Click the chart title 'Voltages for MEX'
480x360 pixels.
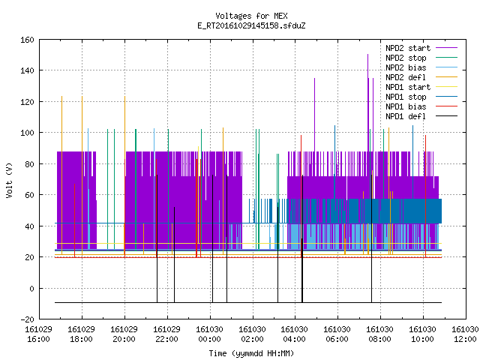(x=251, y=16)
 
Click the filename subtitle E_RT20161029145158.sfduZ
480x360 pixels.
(x=251, y=25)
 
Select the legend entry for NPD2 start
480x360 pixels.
(x=421, y=48)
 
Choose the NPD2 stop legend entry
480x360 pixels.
(x=421, y=58)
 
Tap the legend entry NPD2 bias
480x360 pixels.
(x=421, y=67)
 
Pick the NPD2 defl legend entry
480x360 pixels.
(x=421, y=77)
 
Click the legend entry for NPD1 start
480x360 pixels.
(x=421, y=87)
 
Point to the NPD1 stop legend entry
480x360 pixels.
(x=421, y=97)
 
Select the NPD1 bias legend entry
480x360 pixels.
(x=421, y=106)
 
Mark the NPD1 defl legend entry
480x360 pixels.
(x=421, y=117)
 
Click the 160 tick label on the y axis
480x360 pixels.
(x=27, y=40)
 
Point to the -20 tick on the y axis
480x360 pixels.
(x=27, y=319)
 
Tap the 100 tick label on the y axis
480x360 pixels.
(x=27, y=133)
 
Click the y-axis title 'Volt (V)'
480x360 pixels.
(x=9, y=180)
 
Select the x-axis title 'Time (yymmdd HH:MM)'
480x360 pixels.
(x=251, y=353)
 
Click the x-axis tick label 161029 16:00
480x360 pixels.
(x=38, y=334)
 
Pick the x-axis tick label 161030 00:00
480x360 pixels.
(x=210, y=334)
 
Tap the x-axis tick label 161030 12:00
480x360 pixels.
(x=465, y=334)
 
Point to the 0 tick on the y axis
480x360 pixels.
(x=31, y=289)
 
